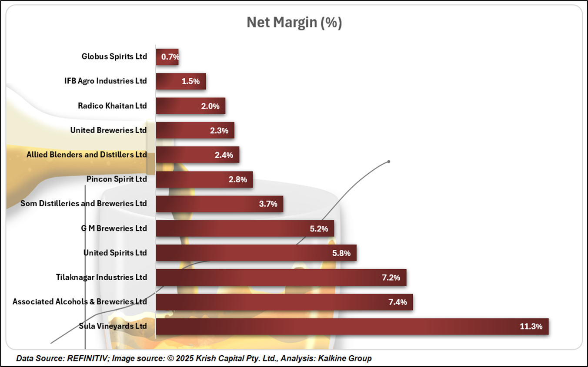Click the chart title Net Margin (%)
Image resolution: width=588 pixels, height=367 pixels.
(294, 23)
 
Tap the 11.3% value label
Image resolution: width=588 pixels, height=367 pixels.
(531, 326)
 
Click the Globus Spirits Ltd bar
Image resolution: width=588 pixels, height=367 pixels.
(167, 56)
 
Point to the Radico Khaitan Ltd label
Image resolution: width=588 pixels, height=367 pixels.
(112, 106)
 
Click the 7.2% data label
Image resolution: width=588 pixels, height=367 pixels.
(391, 277)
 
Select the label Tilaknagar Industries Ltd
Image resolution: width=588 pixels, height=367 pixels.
(101, 277)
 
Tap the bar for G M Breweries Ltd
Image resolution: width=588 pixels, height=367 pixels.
(245, 228)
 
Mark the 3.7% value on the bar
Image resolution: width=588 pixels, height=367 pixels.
(268, 204)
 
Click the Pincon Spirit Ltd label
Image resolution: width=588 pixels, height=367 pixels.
(117, 179)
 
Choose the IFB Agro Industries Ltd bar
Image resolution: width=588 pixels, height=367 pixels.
(180, 81)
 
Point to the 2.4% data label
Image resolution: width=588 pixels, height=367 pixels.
(224, 155)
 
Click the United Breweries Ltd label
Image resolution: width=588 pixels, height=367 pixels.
(108, 130)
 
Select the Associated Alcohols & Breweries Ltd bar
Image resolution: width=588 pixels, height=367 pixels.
(284, 302)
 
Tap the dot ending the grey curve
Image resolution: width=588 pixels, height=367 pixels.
(388, 162)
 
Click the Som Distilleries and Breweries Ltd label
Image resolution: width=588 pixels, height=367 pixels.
(84, 203)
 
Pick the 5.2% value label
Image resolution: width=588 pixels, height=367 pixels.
(319, 228)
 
